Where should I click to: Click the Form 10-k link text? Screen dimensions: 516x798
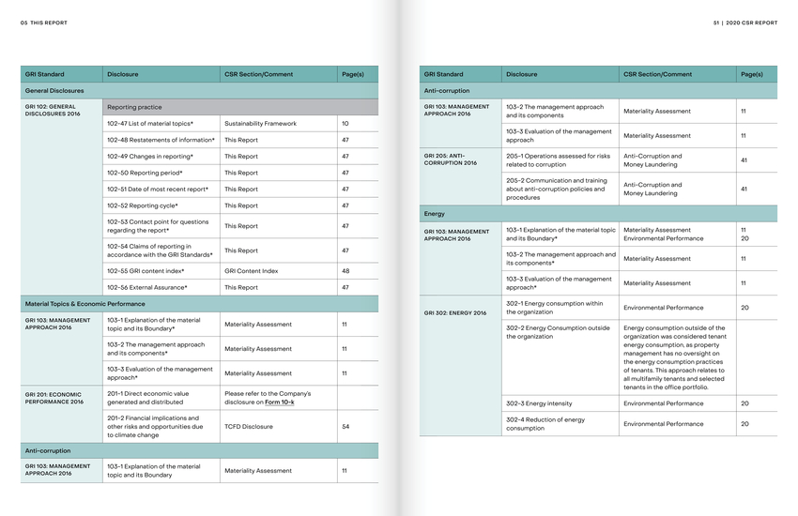pos(279,402)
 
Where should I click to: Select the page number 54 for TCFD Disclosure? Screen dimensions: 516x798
pos(345,426)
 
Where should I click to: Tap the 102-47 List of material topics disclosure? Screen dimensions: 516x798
pos(150,123)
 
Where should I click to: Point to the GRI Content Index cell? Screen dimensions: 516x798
pos(251,271)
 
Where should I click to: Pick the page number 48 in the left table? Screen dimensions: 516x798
pos(345,271)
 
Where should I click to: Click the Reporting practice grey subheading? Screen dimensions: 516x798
pos(134,107)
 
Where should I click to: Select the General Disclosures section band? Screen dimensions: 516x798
pos(54,91)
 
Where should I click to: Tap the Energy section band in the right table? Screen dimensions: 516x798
pos(435,214)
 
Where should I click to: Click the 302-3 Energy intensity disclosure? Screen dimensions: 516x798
pos(539,403)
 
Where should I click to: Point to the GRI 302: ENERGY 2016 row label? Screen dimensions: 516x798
pos(455,312)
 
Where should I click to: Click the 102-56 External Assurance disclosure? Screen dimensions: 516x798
pos(147,287)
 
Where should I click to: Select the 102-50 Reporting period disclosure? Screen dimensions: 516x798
pos(145,173)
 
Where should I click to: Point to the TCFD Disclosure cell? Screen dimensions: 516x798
pos(249,426)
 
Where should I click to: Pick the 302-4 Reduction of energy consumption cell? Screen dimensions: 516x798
pos(545,424)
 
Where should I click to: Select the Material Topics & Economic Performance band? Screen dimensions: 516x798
pos(84,304)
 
